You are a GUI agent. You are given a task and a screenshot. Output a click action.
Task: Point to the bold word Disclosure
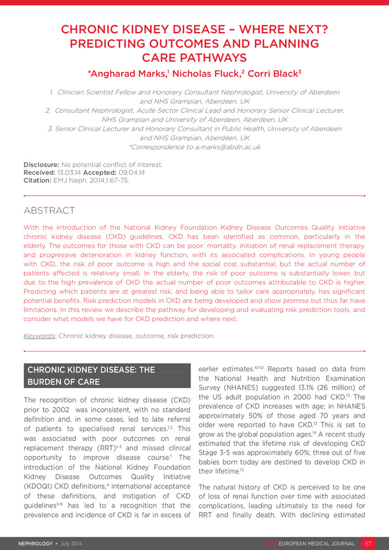tap(41, 164)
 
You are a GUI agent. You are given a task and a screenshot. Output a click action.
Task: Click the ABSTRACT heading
tap(50, 211)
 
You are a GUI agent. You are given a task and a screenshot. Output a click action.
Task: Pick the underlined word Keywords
tap(39, 335)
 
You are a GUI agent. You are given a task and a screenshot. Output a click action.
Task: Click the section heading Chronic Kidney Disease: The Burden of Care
tap(92, 376)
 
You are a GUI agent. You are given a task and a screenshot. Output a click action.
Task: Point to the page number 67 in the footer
tap(369, 543)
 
